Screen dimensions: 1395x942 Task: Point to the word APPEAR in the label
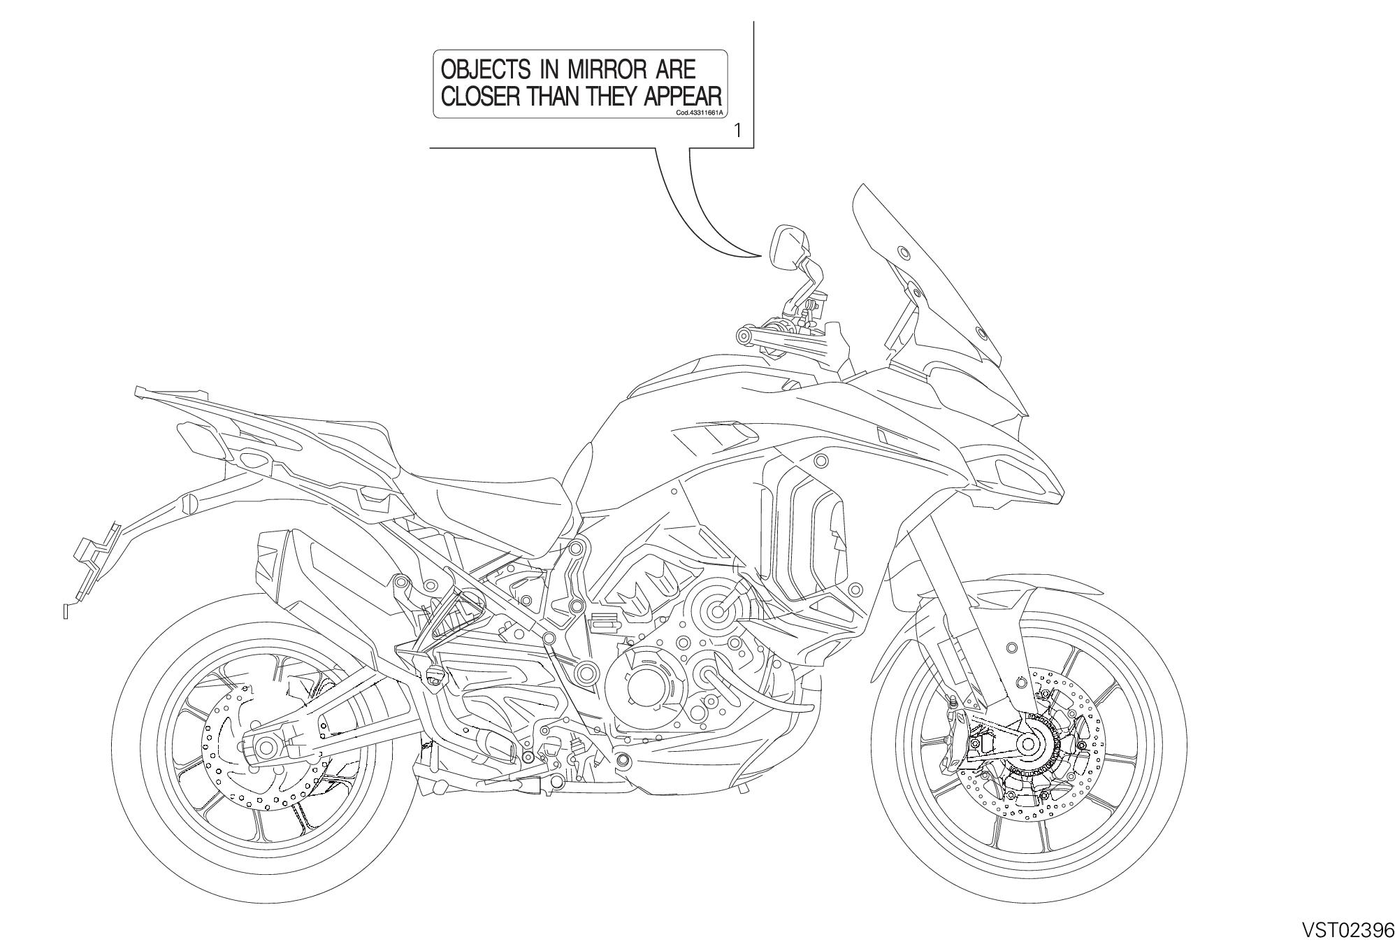(683, 96)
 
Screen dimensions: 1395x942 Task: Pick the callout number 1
(738, 130)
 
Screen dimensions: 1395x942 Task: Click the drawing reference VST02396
(1348, 929)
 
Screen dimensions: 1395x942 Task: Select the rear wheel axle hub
(266, 748)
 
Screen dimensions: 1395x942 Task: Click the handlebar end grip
(744, 337)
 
